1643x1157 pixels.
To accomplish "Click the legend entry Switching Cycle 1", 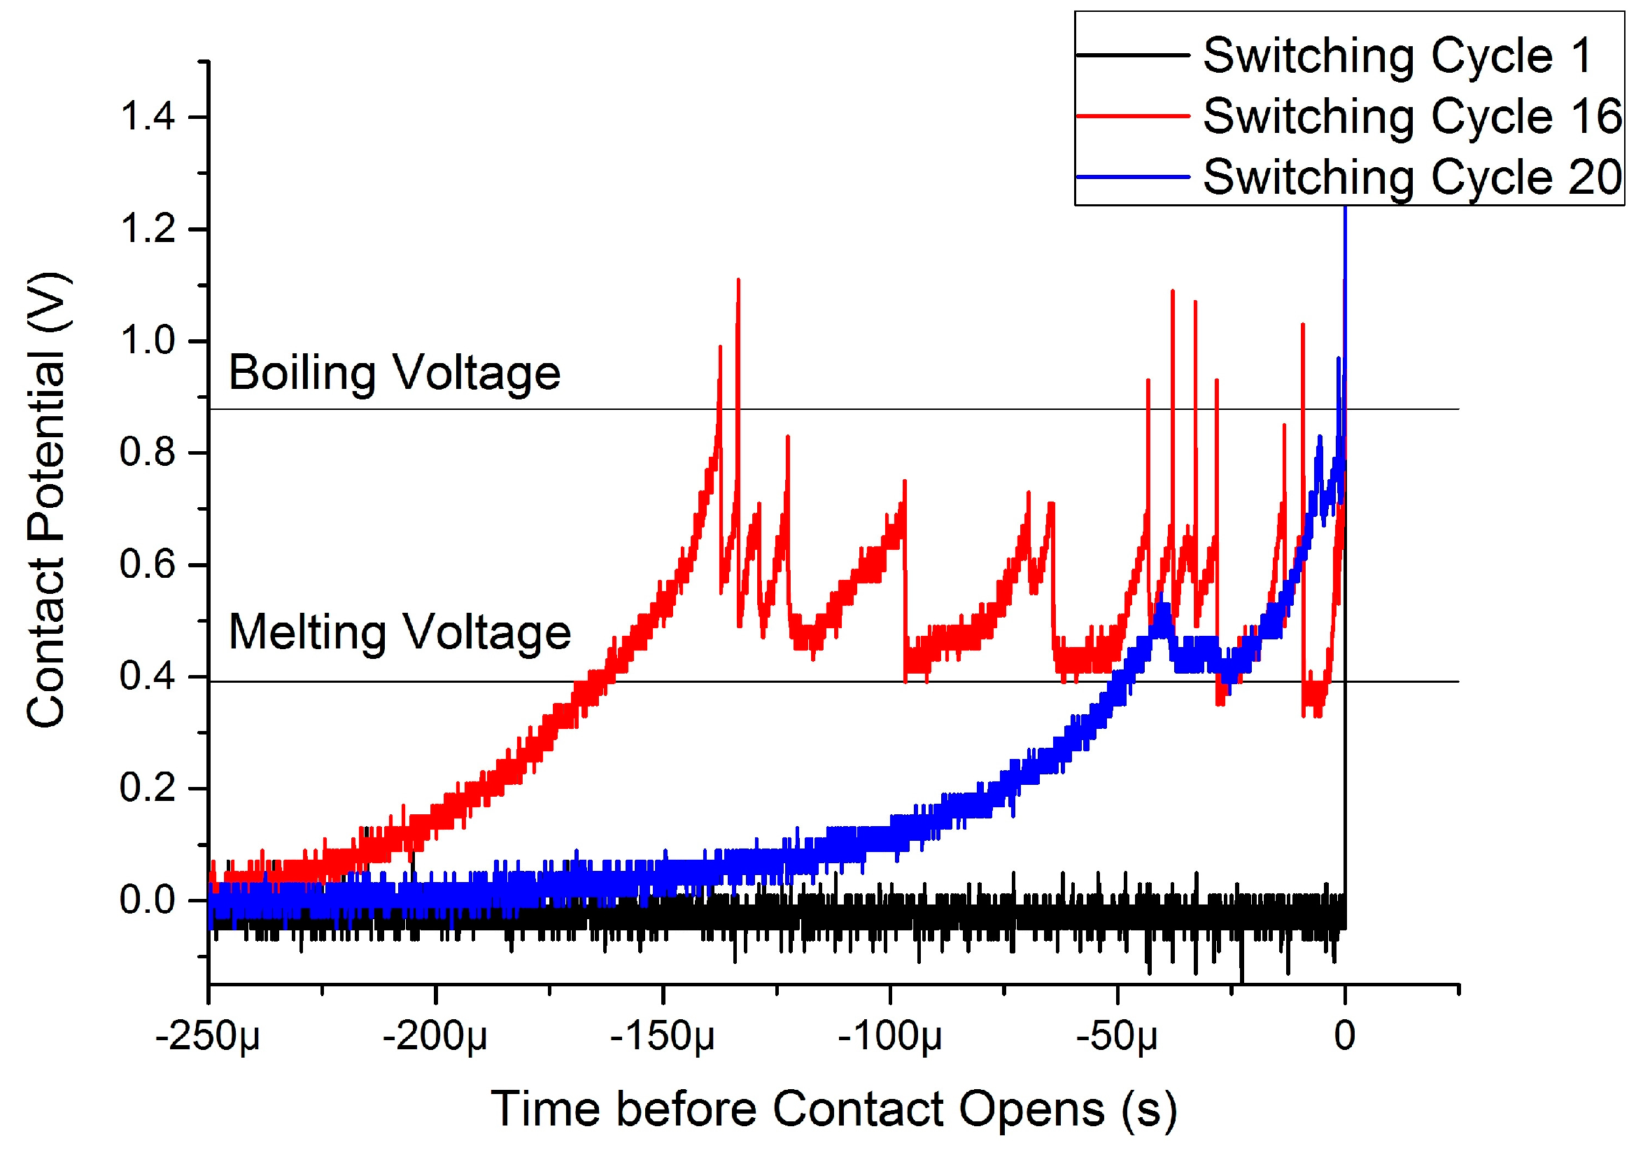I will tap(1397, 55).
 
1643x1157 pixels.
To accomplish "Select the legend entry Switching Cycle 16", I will tap(1413, 116).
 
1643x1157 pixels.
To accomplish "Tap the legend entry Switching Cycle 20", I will tap(1413, 177).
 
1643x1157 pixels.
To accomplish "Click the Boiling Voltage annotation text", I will tap(394, 373).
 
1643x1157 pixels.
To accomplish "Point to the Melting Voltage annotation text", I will tap(400, 632).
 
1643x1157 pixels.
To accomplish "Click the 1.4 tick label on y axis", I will tap(147, 118).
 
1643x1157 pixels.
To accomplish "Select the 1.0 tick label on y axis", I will tap(147, 341).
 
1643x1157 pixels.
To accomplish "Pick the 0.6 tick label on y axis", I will tap(147, 565).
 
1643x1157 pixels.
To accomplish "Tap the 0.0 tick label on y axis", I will tap(147, 900).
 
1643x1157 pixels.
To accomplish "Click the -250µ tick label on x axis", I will tap(208, 1036).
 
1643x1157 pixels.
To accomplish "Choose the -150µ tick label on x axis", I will tap(663, 1036).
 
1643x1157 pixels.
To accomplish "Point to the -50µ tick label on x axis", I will tap(1117, 1036).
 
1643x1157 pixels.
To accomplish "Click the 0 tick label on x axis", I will tap(1345, 1036).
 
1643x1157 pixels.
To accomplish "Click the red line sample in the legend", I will tap(1133, 116).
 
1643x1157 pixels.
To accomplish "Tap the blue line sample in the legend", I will tap(1133, 177).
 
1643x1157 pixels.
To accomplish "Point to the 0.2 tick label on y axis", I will tap(147, 788).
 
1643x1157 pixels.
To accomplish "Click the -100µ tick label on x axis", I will tap(889, 1036).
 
